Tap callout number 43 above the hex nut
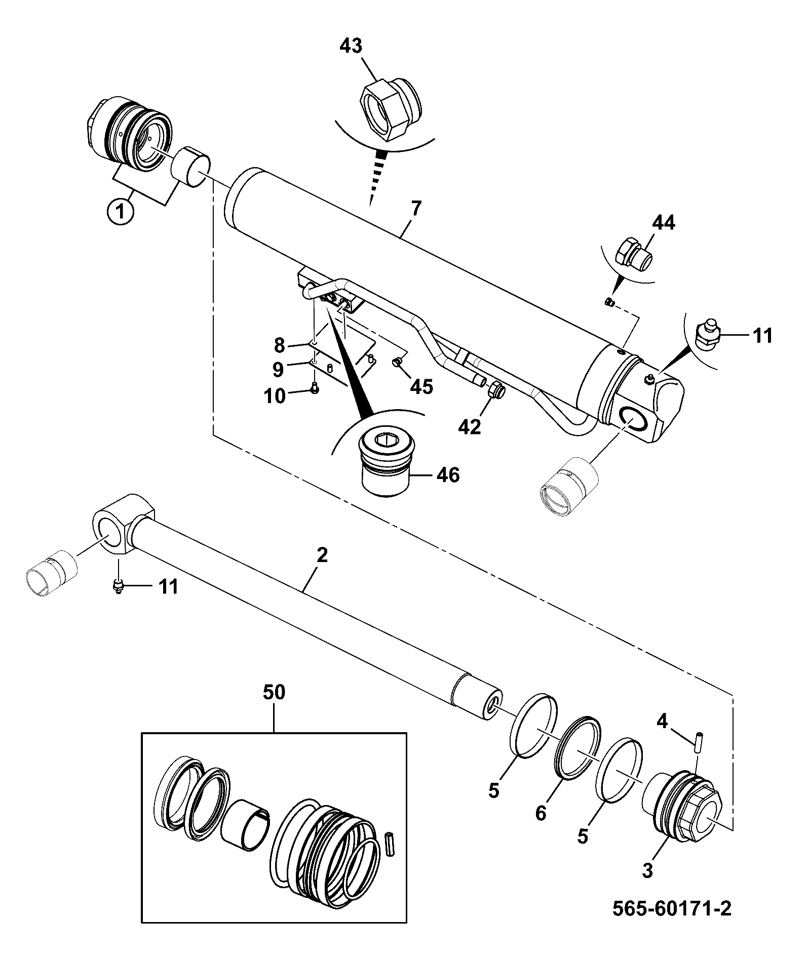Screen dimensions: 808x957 tap(352, 46)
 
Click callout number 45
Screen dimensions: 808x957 tap(421, 387)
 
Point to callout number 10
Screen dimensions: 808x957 tap(275, 396)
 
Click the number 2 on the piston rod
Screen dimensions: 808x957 tap(322, 555)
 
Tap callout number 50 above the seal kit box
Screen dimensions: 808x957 tap(274, 693)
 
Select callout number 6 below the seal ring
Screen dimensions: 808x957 tap(541, 814)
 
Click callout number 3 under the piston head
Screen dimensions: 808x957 tap(647, 871)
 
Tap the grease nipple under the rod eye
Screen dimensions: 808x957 tap(118, 586)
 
